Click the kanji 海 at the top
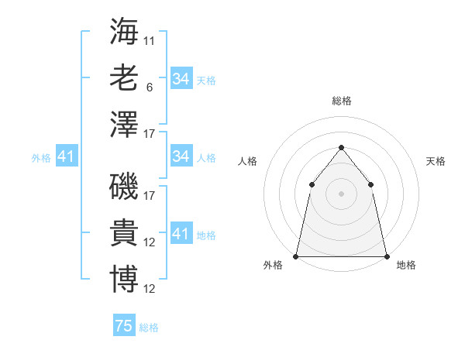124,33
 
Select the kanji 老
124,77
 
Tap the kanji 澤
124,124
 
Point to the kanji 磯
124,186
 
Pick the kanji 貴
124,232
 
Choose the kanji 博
124,279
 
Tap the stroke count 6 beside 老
150,88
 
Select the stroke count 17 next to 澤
150,134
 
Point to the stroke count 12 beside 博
150,289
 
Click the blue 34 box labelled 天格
181,79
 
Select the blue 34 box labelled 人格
181,156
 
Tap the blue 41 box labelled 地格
181,234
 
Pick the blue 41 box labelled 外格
66,157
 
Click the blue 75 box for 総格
124,326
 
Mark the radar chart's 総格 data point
341,148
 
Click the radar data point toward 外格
296,256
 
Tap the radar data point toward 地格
386,256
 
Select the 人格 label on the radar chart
247,162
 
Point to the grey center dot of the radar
341,194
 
